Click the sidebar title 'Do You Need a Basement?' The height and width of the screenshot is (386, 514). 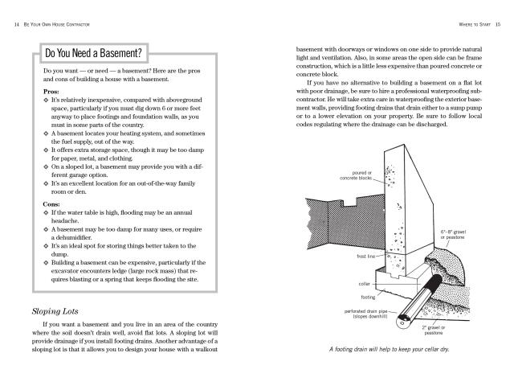coord(94,55)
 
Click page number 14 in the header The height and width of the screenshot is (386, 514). coord(17,24)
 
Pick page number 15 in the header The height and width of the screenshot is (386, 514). coord(498,24)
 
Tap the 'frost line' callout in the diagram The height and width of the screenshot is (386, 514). coord(367,257)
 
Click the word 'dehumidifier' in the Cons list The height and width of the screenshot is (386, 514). coord(73,238)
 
